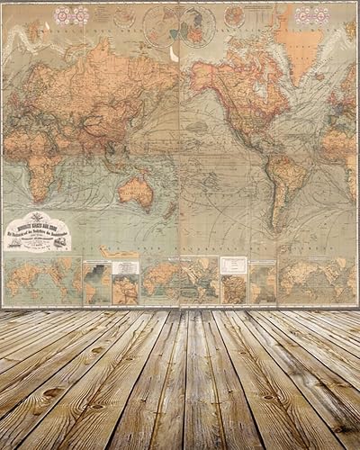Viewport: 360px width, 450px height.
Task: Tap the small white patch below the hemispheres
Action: [173, 53]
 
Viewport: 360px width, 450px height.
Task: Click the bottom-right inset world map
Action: [310, 280]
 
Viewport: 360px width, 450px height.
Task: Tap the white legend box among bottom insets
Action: [233, 265]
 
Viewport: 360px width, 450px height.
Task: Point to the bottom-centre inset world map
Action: [166, 281]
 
